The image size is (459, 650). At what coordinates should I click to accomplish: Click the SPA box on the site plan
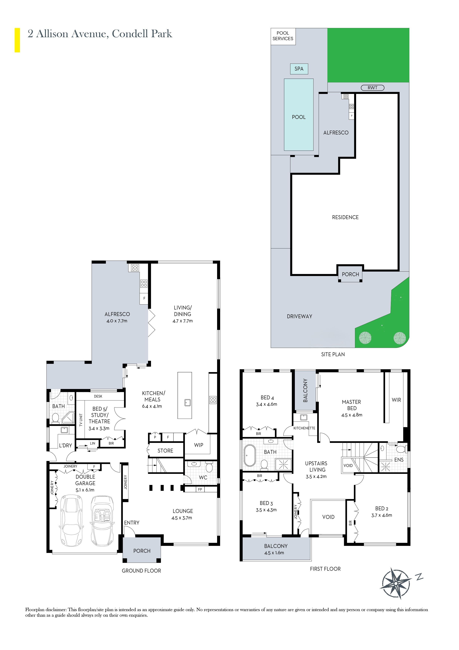(299, 69)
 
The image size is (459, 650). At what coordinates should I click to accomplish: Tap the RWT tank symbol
(372, 88)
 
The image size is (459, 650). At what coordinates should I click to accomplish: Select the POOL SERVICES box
(283, 36)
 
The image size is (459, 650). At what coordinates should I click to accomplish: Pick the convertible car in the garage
(102, 520)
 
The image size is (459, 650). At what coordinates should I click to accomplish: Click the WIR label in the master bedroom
(396, 400)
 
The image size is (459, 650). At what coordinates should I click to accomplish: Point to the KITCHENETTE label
(304, 428)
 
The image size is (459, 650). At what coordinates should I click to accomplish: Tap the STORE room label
(165, 450)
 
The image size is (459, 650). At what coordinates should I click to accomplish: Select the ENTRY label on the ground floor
(132, 523)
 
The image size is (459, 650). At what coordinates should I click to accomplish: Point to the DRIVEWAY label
(299, 316)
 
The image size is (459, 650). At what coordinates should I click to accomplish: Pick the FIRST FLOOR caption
(325, 569)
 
